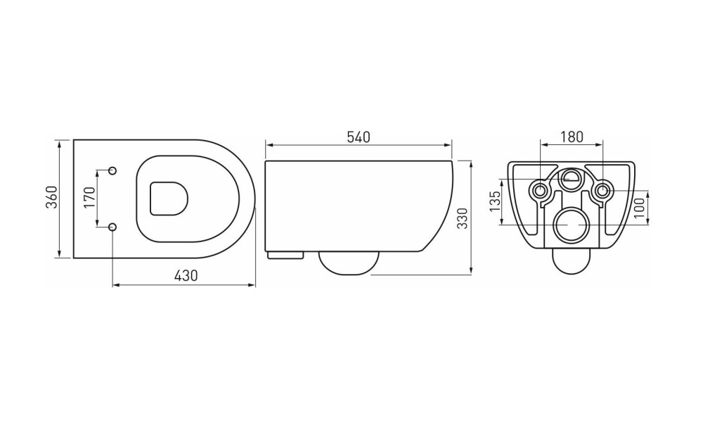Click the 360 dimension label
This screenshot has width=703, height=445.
pyautogui.click(x=53, y=197)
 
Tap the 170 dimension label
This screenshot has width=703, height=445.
pyautogui.click(x=90, y=197)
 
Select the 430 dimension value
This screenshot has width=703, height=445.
pyautogui.click(x=185, y=275)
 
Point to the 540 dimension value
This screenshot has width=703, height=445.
pyautogui.click(x=359, y=137)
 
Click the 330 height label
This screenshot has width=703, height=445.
pyautogui.click(x=463, y=218)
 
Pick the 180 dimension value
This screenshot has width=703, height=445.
pyautogui.click(x=572, y=137)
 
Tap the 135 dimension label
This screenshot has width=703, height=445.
pyautogui.click(x=494, y=201)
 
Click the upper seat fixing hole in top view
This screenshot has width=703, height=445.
pyautogui.click(x=112, y=170)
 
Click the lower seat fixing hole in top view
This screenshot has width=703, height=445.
pyautogui.click(x=112, y=227)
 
